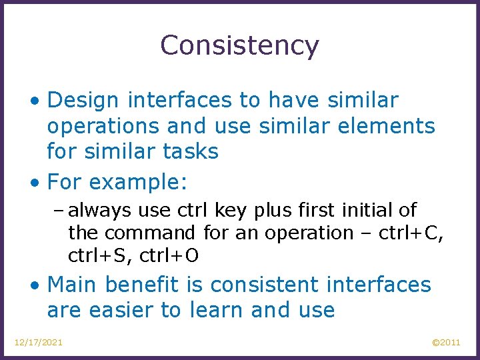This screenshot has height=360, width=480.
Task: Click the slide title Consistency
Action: (239, 45)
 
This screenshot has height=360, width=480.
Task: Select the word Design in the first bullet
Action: (83, 101)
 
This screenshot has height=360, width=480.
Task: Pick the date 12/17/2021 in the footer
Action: (39, 342)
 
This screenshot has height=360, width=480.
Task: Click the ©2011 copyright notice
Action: (446, 342)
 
